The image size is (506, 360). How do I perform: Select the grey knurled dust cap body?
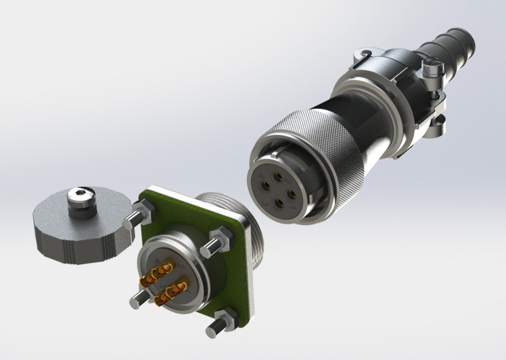[x=69, y=237]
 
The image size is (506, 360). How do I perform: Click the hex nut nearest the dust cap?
[x=144, y=211]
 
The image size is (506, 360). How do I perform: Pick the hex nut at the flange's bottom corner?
[x=226, y=321]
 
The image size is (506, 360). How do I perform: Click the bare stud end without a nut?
[x=138, y=301]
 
